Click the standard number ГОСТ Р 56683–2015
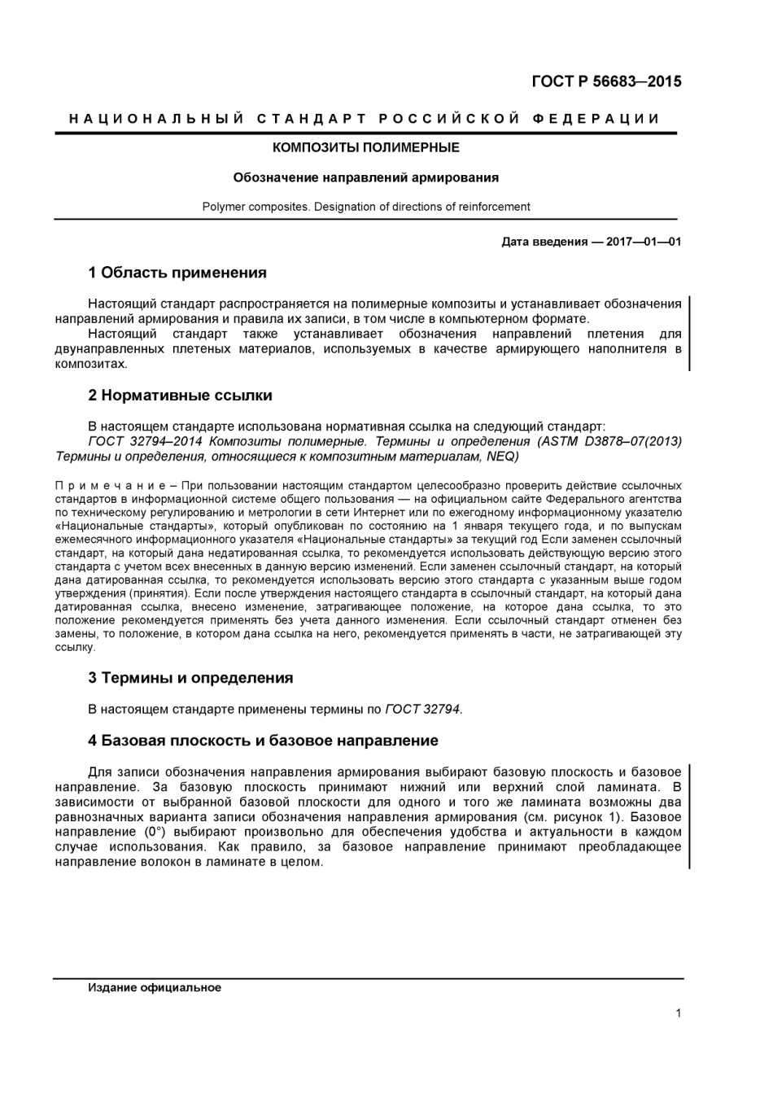[605, 81]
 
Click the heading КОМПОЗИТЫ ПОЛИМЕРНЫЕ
[365, 147]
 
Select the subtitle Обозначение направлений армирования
[365, 177]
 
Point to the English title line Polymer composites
[365, 207]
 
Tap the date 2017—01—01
[644, 242]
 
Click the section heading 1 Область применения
[177, 273]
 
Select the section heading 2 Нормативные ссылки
[180, 396]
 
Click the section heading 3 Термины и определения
[190, 678]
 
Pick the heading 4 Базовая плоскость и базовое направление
[263, 741]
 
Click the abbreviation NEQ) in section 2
[502, 456]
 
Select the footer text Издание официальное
[155, 988]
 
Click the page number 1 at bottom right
[678, 1013]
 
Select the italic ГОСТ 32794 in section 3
[423, 709]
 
